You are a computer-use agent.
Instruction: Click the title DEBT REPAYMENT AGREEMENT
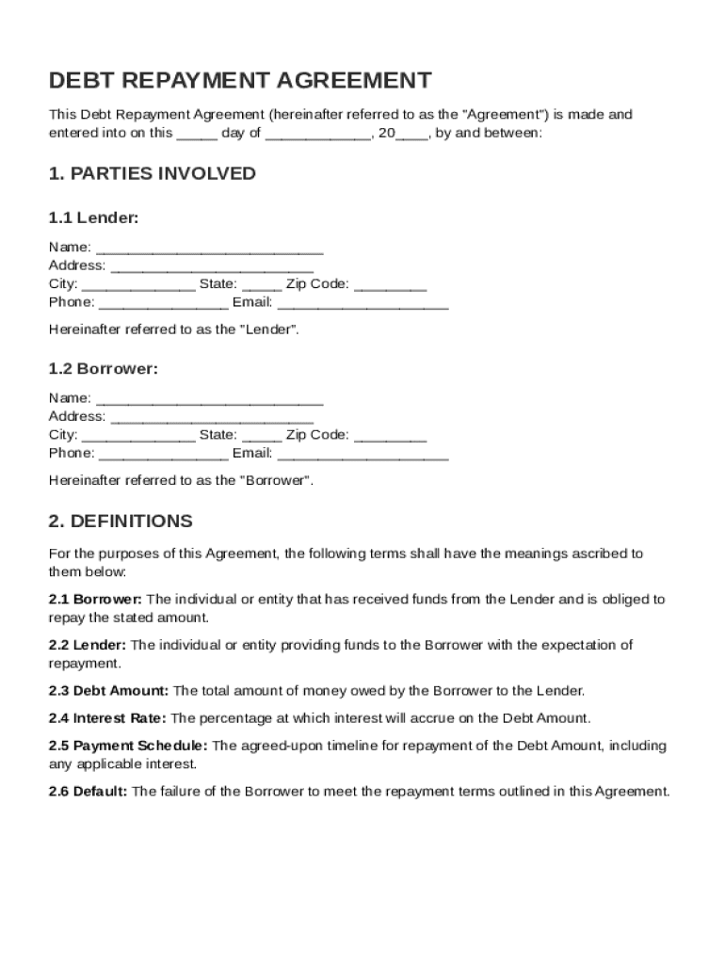pyautogui.click(x=240, y=80)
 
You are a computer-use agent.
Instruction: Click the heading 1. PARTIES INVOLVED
pyautogui.click(x=153, y=173)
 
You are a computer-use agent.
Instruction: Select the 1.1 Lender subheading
pyautogui.click(x=94, y=218)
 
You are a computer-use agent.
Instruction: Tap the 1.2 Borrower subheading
pyautogui.click(x=104, y=369)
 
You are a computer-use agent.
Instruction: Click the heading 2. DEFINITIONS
pyautogui.click(x=121, y=521)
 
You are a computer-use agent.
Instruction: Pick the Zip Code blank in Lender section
pyautogui.click(x=391, y=285)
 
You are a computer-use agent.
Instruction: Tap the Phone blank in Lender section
pyautogui.click(x=163, y=303)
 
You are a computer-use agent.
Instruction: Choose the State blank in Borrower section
pyautogui.click(x=262, y=436)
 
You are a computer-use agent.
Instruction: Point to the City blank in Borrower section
pyautogui.click(x=138, y=436)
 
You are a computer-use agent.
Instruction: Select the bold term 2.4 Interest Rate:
pyautogui.click(x=107, y=718)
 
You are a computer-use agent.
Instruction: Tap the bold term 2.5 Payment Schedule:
pyautogui.click(x=128, y=746)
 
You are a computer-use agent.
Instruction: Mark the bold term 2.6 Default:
pyautogui.click(x=89, y=792)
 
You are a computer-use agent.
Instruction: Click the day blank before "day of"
pyautogui.click(x=197, y=135)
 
